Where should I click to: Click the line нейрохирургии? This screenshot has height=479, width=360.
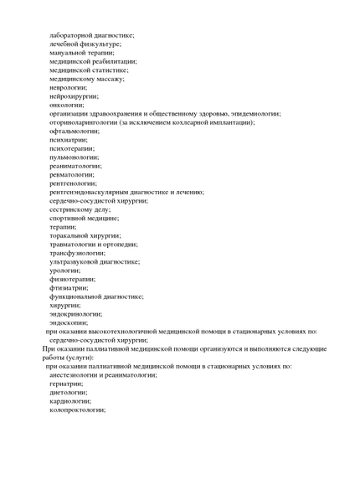pos(73,95)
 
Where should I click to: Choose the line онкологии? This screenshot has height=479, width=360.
pos(66,105)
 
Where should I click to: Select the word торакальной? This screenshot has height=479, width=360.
pos(70,235)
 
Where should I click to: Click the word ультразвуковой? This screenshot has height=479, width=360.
pos(75,261)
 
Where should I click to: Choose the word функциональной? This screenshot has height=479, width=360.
pos(80,296)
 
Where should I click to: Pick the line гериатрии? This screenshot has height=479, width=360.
pos(66,384)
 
